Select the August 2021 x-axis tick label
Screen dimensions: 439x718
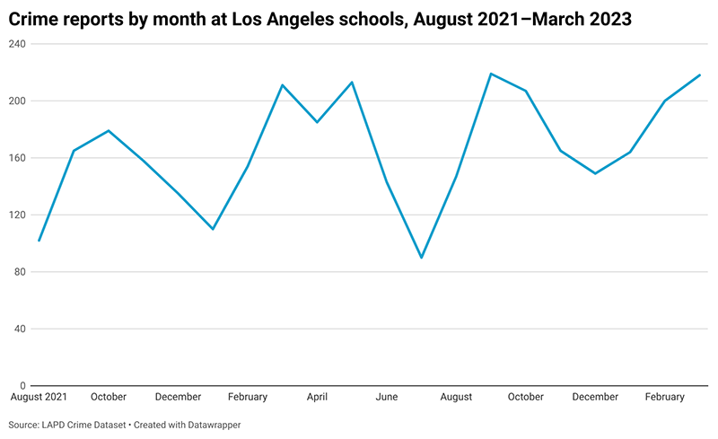38,397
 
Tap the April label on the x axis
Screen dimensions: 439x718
317,397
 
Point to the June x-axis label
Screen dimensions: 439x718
387,397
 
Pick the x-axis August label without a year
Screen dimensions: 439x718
457,397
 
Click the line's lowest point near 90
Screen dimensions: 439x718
421,258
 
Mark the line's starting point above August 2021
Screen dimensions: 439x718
39,241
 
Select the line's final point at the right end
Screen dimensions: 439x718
700,75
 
